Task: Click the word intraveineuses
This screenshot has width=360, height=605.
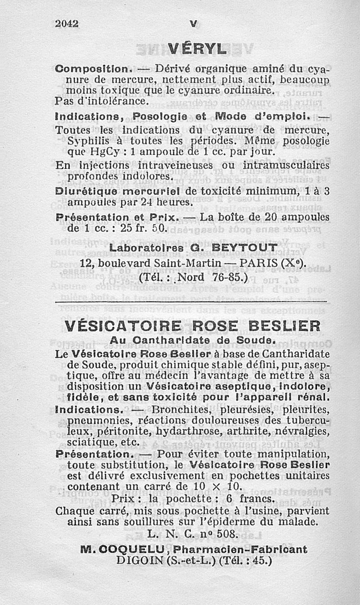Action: click(173, 165)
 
